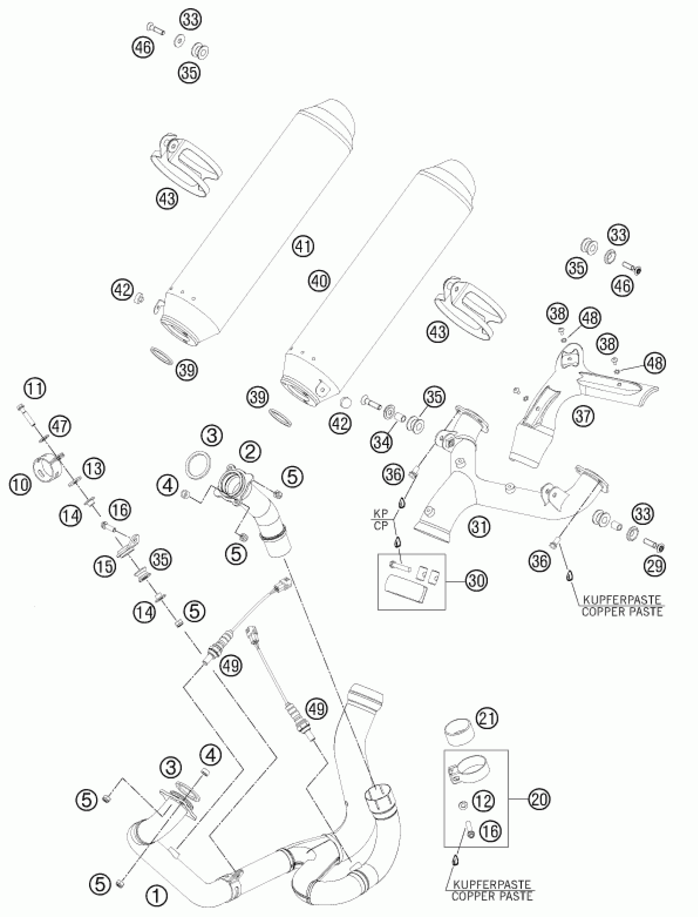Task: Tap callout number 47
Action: pos(60,427)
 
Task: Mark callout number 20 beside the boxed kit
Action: pos(538,799)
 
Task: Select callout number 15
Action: pos(105,566)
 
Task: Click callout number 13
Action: pos(94,469)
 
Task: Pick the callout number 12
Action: pos(482,801)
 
